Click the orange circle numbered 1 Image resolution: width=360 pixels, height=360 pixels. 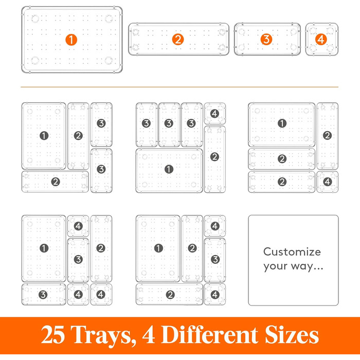71,40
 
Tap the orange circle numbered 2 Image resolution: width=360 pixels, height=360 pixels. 178,39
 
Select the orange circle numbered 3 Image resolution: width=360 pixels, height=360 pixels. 266,39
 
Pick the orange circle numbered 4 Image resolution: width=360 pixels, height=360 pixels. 321,39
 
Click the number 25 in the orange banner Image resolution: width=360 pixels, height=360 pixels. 53,334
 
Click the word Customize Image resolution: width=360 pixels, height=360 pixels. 292,251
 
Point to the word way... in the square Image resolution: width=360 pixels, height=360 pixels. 307,266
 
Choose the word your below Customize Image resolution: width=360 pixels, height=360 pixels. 275,267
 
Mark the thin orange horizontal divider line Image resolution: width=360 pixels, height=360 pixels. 179,87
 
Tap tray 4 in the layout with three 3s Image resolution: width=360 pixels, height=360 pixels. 214,114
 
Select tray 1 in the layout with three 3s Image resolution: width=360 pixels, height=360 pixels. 169,170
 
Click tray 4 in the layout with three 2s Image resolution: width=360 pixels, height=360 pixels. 328,182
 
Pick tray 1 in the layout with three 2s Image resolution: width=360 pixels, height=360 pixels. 282,124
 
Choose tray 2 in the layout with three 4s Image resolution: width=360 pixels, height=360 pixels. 101,248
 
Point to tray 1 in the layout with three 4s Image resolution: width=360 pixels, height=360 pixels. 44,248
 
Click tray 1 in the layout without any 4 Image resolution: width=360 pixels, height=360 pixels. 44,136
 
